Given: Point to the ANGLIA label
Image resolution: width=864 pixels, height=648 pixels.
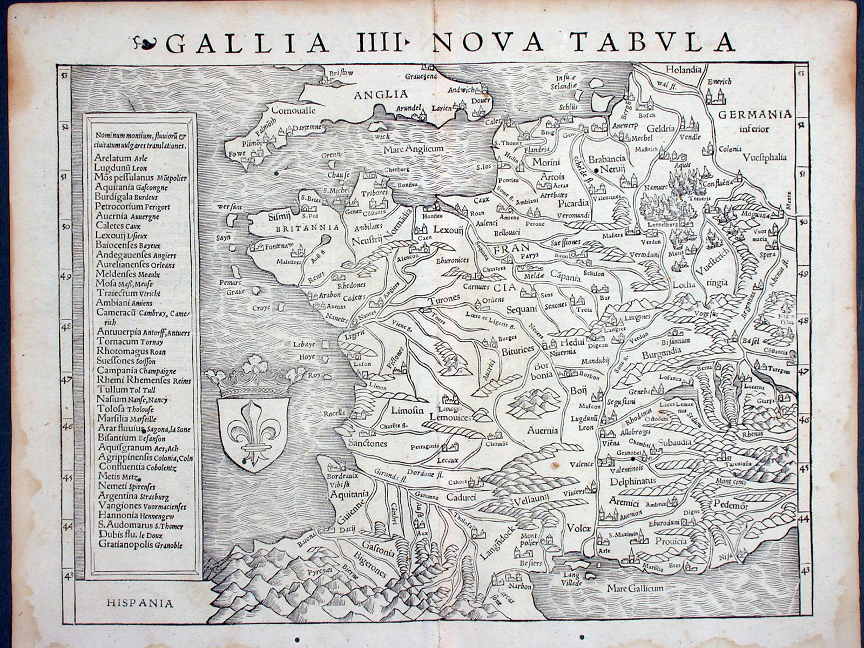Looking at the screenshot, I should click(373, 95).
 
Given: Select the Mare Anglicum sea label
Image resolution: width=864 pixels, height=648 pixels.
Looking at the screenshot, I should click(413, 148).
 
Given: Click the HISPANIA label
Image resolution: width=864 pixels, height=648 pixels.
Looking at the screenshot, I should click(140, 603).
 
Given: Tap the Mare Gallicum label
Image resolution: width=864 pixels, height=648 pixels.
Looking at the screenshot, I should click(634, 588).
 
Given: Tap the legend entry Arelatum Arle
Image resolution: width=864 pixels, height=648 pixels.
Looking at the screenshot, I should click(120, 159).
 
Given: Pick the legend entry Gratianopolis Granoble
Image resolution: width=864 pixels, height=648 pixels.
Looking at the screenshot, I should click(140, 545).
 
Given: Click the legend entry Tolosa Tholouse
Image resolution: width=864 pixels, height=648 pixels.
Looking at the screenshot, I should click(125, 409).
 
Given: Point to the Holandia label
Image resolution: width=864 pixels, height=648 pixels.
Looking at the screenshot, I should click(683, 70).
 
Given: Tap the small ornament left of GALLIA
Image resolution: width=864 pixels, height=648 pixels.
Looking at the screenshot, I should click(146, 42).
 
